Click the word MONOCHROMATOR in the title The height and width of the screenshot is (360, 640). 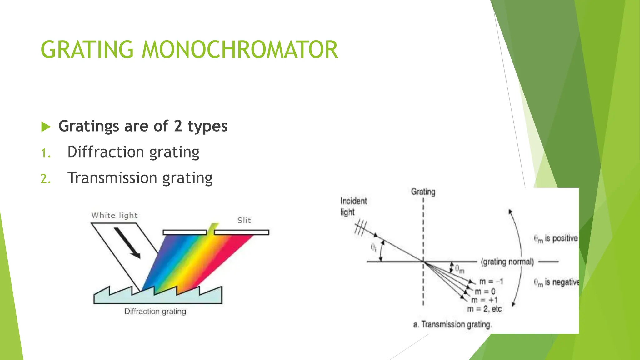click(240, 50)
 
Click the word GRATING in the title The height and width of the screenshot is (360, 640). click(87, 50)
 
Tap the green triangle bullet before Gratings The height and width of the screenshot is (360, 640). click(46, 127)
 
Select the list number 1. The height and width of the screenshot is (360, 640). click(46, 153)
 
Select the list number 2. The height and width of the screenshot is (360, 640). click(46, 179)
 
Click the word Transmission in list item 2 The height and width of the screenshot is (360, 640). click(112, 178)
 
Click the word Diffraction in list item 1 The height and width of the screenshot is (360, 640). click(106, 152)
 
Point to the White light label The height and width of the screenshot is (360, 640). click(114, 215)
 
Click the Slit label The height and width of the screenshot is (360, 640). click(244, 220)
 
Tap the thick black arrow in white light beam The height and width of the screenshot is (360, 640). click(127, 243)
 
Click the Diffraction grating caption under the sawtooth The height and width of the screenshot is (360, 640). click(155, 311)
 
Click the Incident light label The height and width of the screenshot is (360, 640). click(353, 207)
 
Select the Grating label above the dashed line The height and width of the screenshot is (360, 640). click(423, 192)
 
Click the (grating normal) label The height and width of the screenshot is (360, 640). click(507, 262)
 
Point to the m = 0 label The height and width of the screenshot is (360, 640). click(485, 292)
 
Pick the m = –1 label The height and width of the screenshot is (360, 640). click(491, 282)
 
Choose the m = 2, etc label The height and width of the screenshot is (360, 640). click(484, 309)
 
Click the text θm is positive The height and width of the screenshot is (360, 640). click(556, 239)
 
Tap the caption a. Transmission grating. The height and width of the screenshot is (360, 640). click(452, 324)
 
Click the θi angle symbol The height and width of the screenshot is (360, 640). click(373, 248)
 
